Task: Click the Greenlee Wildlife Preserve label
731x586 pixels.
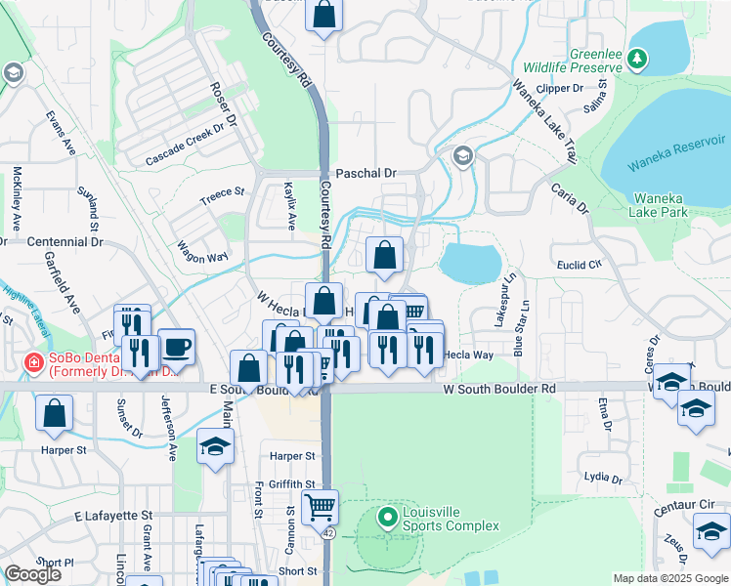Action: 584,60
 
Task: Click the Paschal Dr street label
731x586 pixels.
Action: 365,173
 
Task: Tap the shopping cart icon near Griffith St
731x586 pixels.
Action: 321,507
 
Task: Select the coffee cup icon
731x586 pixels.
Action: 176,346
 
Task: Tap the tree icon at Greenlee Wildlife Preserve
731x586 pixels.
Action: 637,60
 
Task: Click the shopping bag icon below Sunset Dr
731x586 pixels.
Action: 54,412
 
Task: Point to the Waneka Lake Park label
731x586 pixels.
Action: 658,204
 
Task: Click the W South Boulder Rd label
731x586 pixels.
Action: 499,388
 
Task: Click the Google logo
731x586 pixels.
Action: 33,574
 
